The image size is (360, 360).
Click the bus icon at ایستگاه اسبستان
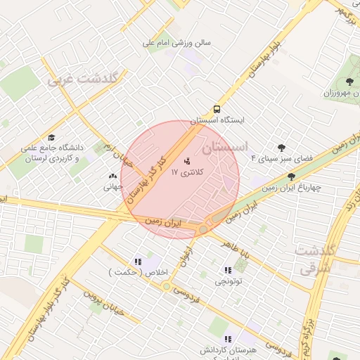[217, 110]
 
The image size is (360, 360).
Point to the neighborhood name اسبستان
[224, 148]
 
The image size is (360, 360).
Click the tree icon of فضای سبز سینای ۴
[282, 148]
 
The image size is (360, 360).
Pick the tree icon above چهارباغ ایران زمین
[291, 177]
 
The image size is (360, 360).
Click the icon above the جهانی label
[113, 176]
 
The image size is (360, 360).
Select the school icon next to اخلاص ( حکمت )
[138, 262]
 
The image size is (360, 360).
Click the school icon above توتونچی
[227, 270]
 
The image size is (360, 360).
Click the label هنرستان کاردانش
[229, 350]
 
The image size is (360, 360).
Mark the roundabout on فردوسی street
[166, 286]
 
